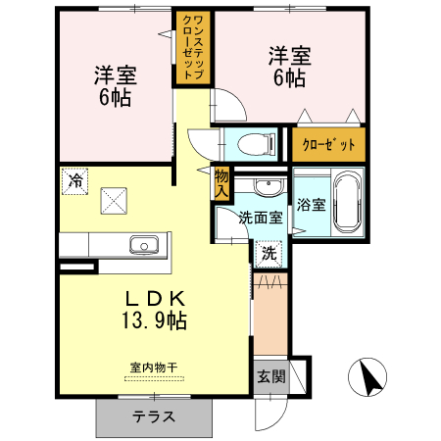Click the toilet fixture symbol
click(x=257, y=144)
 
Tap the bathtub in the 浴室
click(x=347, y=203)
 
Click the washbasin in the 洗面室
click(x=268, y=187)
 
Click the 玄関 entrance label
click(x=271, y=376)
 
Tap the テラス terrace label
click(x=154, y=416)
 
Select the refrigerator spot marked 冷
click(x=75, y=181)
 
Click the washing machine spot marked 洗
click(x=269, y=254)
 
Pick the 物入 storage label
click(x=221, y=184)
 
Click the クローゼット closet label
click(x=328, y=144)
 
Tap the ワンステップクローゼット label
click(x=193, y=47)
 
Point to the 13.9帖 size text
click(x=154, y=320)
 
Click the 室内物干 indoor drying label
click(x=154, y=367)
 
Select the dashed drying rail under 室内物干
click(x=154, y=379)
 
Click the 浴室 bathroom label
click(x=311, y=205)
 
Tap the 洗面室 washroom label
click(x=261, y=218)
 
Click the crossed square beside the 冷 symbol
click(x=114, y=201)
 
